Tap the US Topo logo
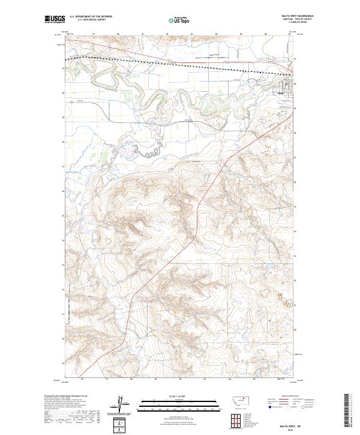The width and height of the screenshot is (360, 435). [x=179, y=20]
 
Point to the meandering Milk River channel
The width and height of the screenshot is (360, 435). [x=150, y=96]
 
